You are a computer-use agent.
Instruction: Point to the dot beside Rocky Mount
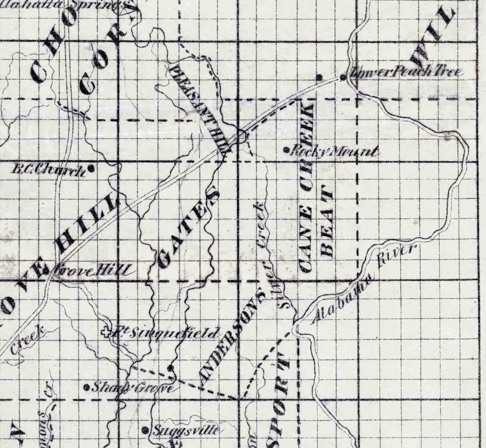tap(286, 150)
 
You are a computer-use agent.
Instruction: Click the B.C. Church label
tap(49, 170)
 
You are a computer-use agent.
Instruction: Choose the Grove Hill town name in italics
tap(92, 270)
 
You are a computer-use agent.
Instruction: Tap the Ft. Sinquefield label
tap(165, 334)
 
